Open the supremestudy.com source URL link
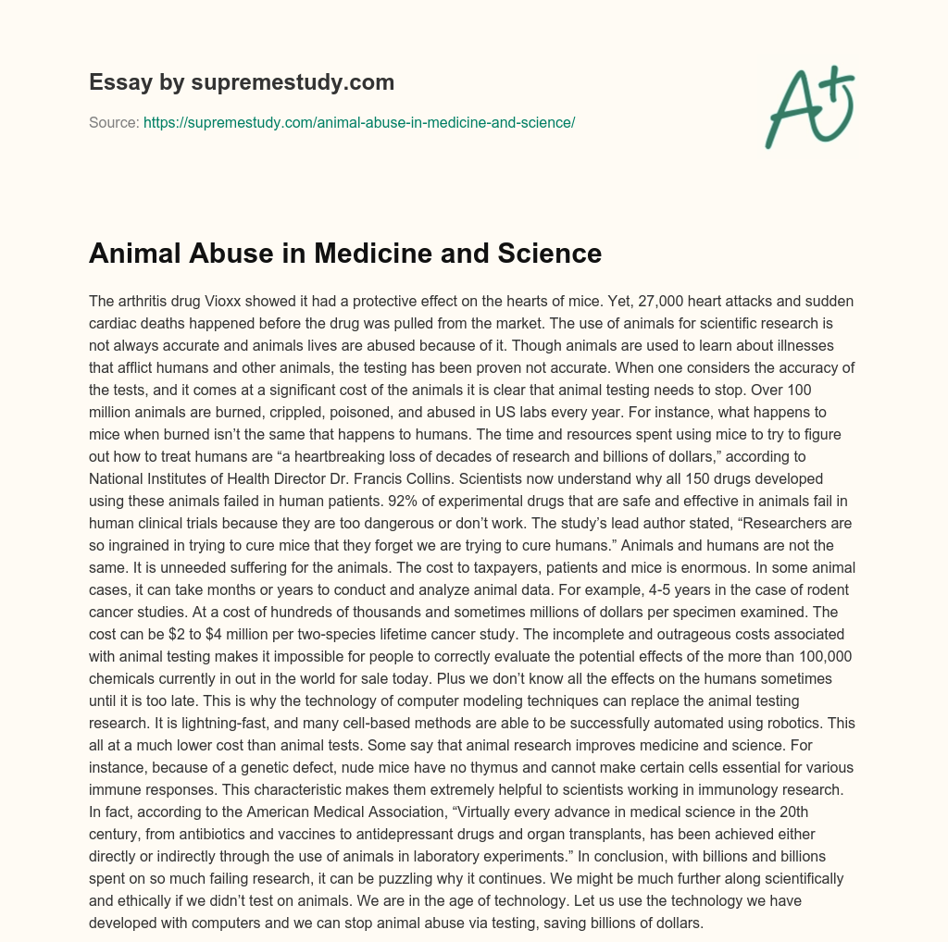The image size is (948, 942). point(359,122)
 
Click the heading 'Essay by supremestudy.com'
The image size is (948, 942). point(242,82)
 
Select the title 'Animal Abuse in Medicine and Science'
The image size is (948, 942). point(345,253)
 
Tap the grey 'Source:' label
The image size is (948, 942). point(114,122)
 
